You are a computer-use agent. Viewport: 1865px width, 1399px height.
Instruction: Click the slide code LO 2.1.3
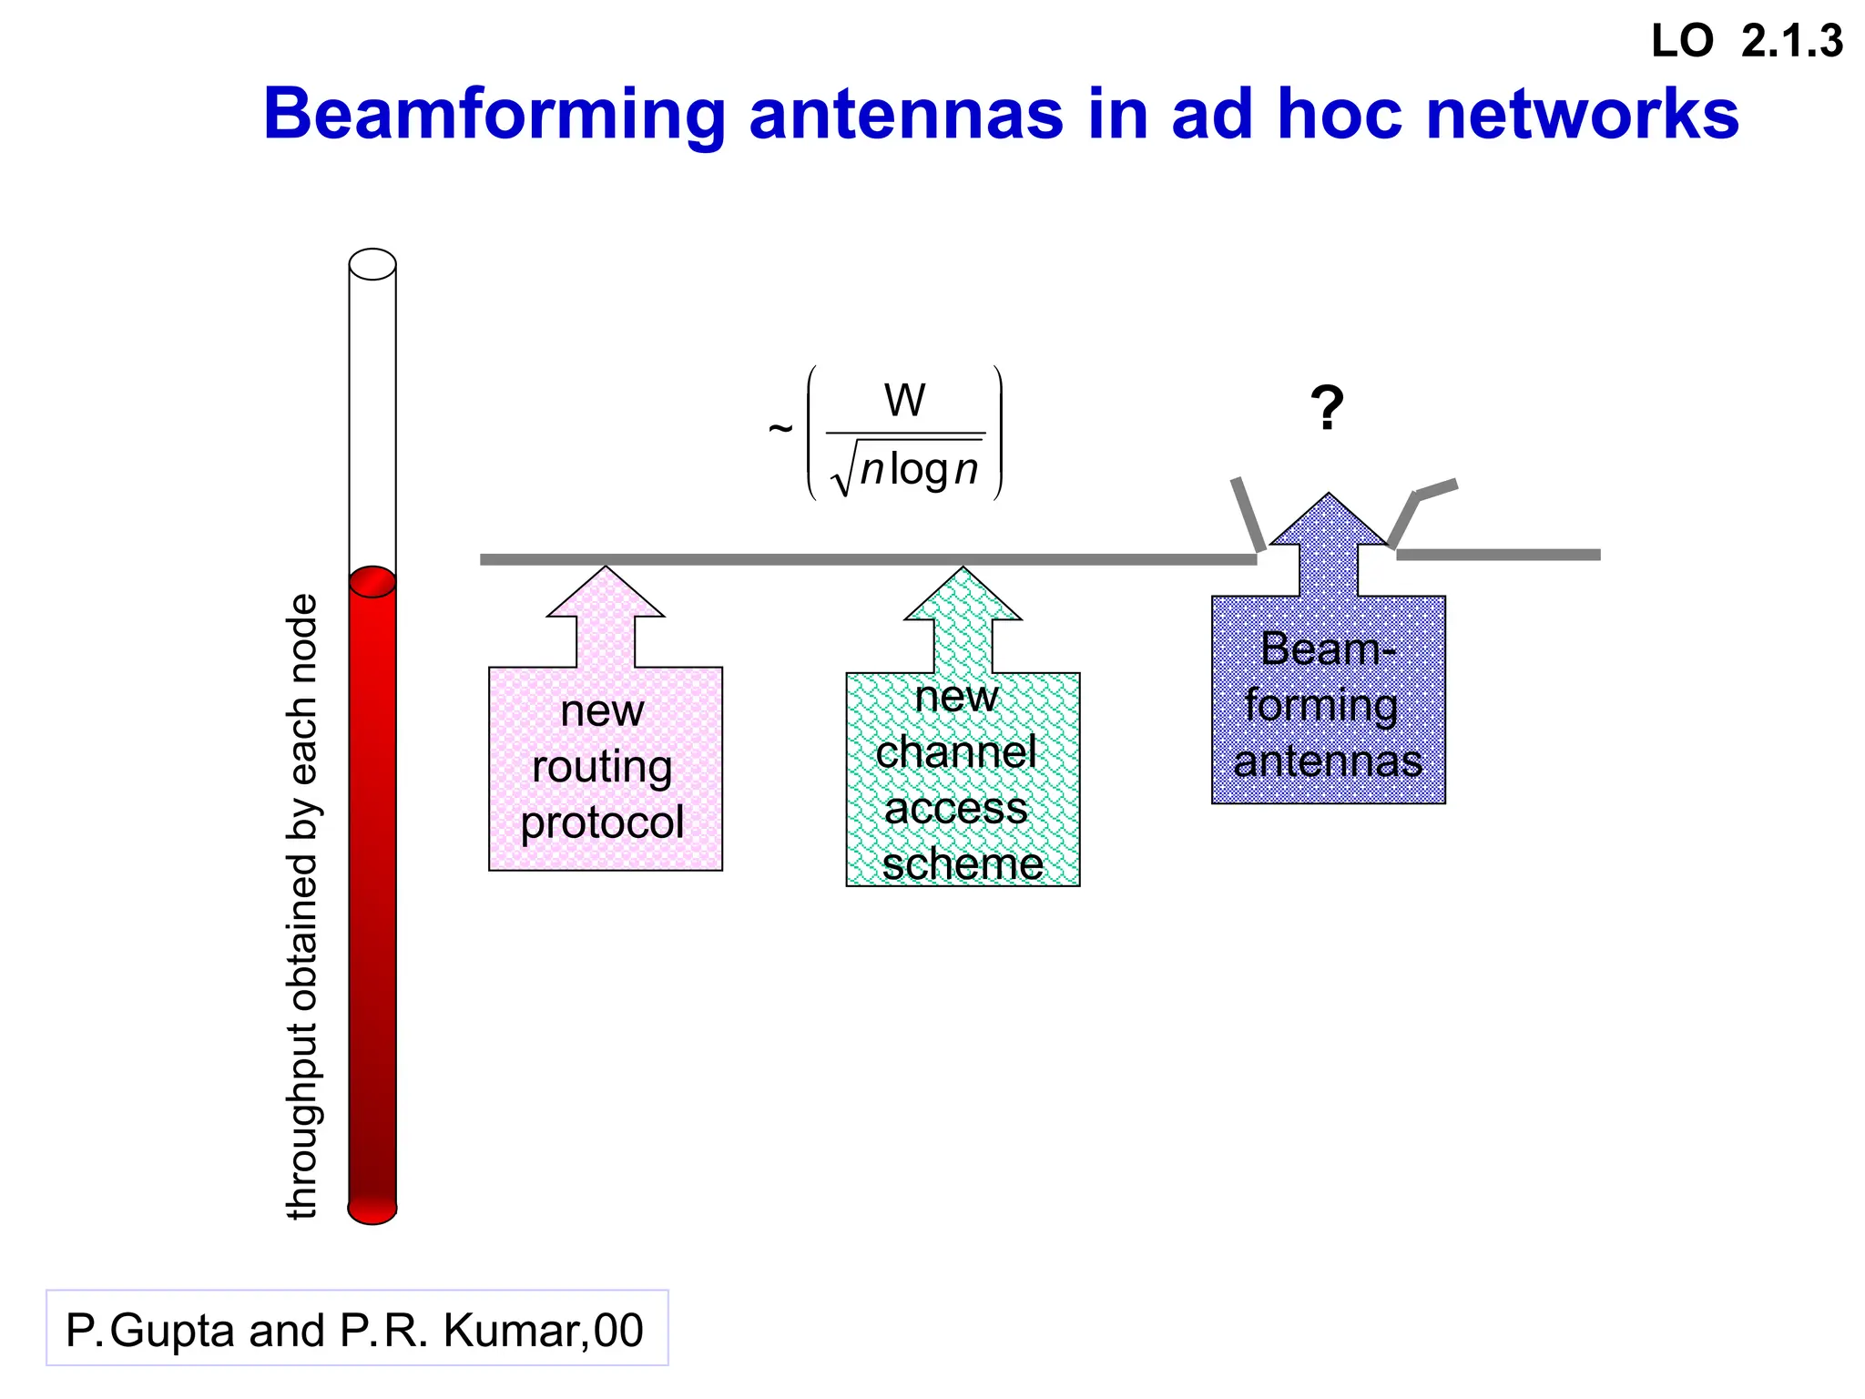coord(1746,42)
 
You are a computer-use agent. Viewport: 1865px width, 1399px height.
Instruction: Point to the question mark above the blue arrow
coord(1327,407)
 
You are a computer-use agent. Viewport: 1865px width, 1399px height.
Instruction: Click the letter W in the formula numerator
coord(904,401)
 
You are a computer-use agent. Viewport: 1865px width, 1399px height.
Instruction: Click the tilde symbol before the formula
coord(780,428)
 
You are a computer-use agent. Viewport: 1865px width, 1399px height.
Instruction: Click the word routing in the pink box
coord(602,766)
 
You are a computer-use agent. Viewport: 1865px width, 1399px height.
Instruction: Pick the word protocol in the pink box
coord(602,822)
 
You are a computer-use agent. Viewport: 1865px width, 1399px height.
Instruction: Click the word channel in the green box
coord(955,752)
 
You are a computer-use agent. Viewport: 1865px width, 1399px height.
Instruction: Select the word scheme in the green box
coord(963,864)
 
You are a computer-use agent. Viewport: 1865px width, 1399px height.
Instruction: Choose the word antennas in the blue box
coord(1328,761)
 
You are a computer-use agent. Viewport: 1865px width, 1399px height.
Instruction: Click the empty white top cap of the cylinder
coord(372,264)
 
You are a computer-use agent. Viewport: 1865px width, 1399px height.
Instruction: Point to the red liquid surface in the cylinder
coord(372,581)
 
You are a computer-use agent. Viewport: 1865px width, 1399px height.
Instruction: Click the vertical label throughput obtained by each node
coord(302,906)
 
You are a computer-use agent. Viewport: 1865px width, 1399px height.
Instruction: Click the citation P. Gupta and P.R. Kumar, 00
coord(355,1330)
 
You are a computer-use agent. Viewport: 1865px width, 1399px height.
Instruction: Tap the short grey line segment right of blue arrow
coord(1498,555)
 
